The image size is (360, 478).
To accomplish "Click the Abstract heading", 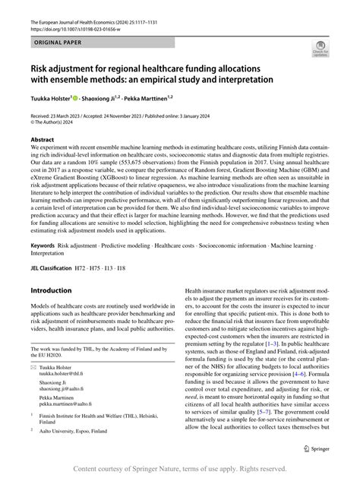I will click(x=42, y=141).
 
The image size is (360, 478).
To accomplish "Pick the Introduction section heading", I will click(x=55, y=291).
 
